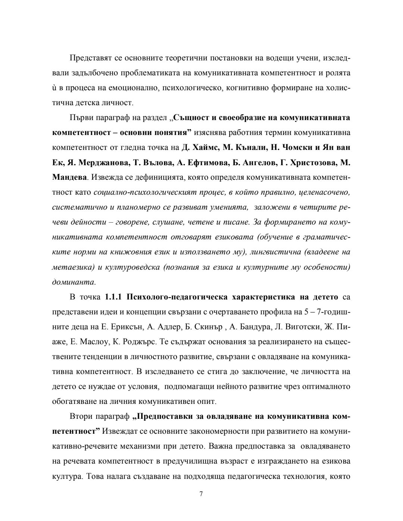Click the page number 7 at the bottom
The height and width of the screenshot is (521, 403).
click(201, 494)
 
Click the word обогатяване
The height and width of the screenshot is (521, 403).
click(74, 402)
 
